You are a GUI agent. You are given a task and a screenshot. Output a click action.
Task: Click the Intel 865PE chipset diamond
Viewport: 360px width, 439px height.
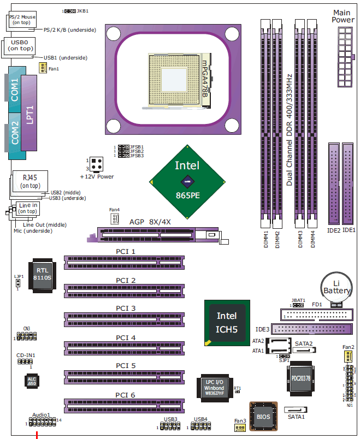187,181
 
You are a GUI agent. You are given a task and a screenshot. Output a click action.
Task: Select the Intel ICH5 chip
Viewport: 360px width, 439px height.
227,322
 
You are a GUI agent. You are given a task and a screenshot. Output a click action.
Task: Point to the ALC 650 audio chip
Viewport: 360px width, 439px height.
31,382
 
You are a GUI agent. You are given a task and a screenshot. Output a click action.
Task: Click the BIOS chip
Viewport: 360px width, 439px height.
263,416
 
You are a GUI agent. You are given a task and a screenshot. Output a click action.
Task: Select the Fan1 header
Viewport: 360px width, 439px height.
42,67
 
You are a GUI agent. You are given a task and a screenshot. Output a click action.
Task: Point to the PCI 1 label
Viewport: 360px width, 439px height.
125,252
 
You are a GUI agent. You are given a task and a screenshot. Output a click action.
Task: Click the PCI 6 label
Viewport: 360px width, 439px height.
125,395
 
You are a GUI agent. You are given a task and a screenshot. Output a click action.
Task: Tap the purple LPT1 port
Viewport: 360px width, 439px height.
30,115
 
